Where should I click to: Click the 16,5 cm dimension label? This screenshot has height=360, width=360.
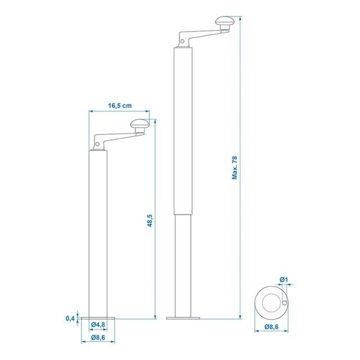point(120,106)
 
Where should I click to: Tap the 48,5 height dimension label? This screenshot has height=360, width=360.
point(150,220)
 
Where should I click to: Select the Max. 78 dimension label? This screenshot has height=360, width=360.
point(235,168)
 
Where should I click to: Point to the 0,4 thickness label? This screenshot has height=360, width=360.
point(70,318)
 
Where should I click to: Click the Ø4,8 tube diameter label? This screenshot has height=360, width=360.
point(98,325)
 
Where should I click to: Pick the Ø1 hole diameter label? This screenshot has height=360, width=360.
point(283,280)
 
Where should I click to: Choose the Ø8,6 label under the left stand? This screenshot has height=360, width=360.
point(98,337)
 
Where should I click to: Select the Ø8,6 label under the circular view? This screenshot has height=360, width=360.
point(271,327)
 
